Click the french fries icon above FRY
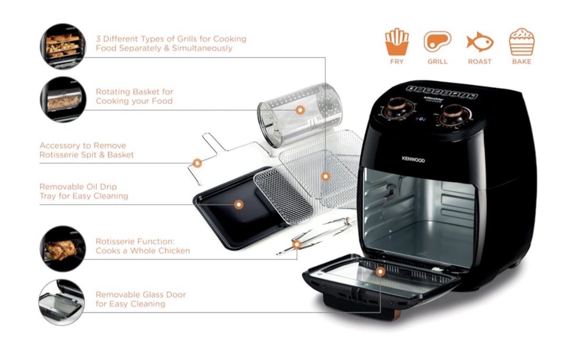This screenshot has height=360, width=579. [x=396, y=42]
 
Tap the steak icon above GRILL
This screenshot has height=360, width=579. [x=437, y=42]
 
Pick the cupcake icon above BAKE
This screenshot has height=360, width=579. [x=522, y=42]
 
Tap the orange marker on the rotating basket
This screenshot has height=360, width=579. [x=299, y=110]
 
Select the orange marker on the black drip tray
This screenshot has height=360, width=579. [x=239, y=205]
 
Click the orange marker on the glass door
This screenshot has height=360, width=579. [x=380, y=272]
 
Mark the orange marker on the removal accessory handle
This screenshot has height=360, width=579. [x=197, y=163]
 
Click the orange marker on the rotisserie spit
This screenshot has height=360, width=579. [x=297, y=245]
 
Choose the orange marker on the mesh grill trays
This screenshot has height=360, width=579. [x=325, y=176]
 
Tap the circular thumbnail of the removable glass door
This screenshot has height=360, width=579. [x=62, y=302]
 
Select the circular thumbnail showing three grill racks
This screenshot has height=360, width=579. [x=63, y=46]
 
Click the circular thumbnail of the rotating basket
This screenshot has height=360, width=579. [x=63, y=99]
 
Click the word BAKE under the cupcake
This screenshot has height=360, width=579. [x=522, y=62]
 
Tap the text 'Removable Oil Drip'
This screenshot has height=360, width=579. [x=78, y=187]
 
